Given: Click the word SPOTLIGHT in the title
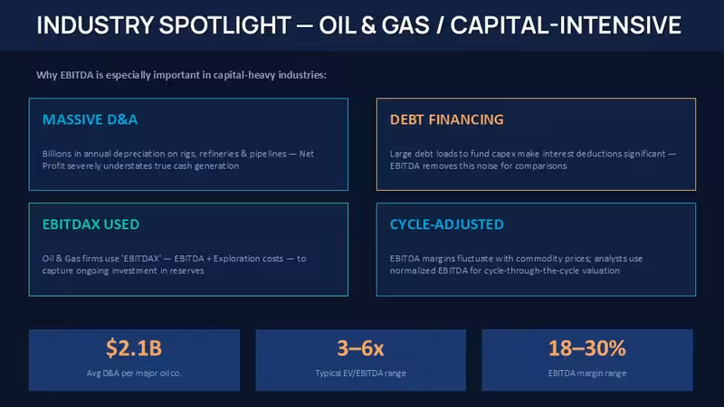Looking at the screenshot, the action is (224, 25).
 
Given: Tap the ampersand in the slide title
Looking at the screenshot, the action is (368, 25).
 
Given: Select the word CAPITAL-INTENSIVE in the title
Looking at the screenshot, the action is (566, 25).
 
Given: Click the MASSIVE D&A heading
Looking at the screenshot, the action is (90, 119).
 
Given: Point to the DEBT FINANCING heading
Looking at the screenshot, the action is (446, 119).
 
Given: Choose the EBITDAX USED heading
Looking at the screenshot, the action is (90, 224).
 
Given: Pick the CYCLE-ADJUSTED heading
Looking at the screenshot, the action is (446, 224).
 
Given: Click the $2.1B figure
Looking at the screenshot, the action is (134, 348).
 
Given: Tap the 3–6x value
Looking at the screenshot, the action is (360, 348).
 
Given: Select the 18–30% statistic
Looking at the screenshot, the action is (586, 348).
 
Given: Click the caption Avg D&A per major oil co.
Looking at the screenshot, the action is (134, 373).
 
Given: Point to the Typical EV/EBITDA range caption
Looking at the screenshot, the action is (360, 373).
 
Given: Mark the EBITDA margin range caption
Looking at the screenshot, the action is (587, 373).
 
